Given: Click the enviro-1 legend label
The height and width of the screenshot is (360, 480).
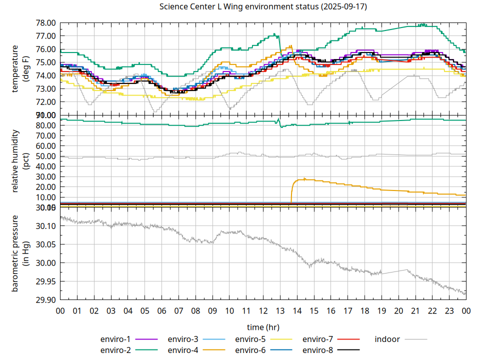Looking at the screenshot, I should point(115,339).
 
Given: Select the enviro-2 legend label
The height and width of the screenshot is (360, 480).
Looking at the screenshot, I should point(115,350).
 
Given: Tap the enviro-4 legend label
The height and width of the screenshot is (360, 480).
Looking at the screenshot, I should point(182,350).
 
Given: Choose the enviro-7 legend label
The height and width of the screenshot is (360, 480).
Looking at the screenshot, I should point(317,339).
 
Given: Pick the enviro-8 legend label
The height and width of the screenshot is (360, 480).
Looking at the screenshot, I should point(317,350).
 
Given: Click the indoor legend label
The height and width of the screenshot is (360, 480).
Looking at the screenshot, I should point(387,339).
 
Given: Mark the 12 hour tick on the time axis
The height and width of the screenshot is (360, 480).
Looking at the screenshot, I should point(263,311).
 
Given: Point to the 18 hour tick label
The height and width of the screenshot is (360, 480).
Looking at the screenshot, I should point(364,311).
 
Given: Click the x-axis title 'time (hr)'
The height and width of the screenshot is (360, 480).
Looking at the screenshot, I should point(263,327).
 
